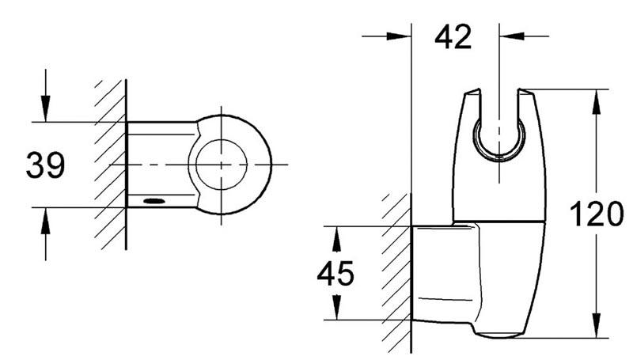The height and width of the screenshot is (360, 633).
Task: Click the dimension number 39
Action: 45,165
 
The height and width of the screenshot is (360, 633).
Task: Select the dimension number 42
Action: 453,36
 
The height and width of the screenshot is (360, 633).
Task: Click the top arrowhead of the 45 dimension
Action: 336,234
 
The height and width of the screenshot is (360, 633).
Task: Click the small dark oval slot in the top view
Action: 155,202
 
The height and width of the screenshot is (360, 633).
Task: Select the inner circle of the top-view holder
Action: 222,165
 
